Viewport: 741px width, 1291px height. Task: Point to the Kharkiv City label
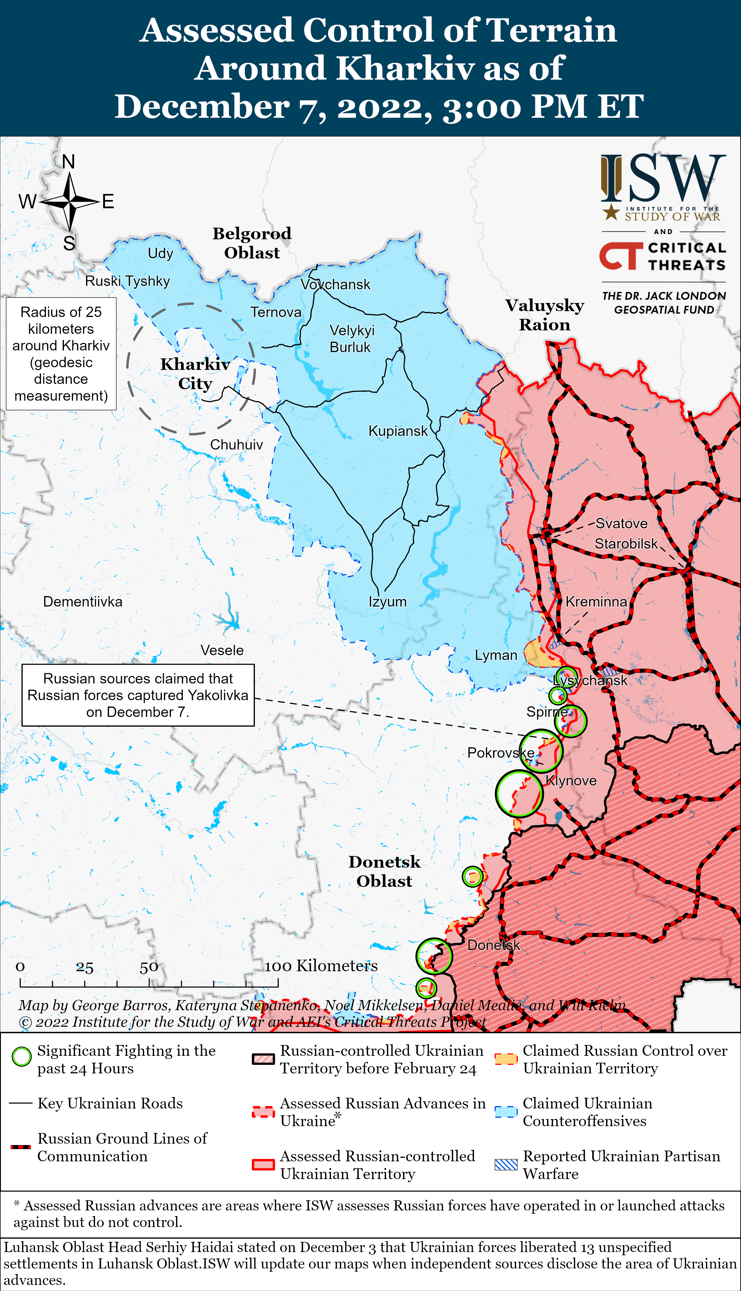pyautogui.click(x=195, y=374)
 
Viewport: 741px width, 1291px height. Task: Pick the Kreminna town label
pyautogui.click(x=596, y=602)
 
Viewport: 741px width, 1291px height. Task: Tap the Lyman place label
pyautogui.click(x=496, y=655)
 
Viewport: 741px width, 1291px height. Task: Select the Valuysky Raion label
pyautogui.click(x=545, y=315)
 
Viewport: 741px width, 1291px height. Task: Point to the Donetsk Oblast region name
pyautogui.click(x=384, y=871)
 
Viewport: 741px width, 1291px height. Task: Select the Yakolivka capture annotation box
pyautogui.click(x=138, y=695)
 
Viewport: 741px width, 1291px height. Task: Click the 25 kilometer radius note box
pyautogui.click(x=61, y=354)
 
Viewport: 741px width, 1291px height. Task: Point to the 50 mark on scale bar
pyautogui.click(x=148, y=967)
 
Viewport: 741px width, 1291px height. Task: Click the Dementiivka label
pyautogui.click(x=83, y=602)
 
